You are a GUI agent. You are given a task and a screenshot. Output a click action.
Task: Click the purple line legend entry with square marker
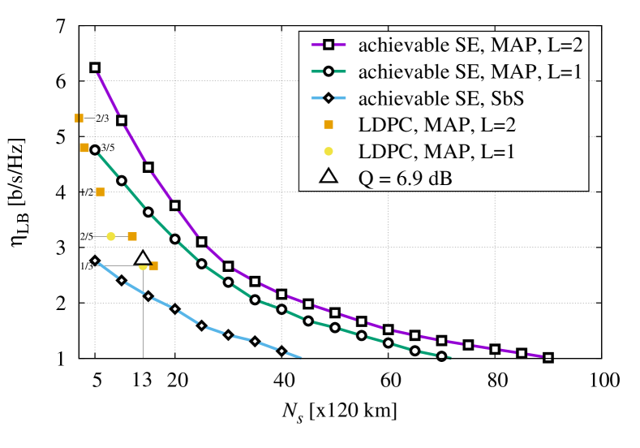pyautogui.click(x=329, y=45)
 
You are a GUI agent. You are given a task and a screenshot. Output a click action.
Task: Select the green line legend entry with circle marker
pyautogui.click(x=329, y=71)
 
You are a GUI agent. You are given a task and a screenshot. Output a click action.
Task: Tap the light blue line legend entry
pyautogui.click(x=329, y=98)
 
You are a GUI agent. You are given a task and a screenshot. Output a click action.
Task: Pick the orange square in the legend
pyautogui.click(x=329, y=125)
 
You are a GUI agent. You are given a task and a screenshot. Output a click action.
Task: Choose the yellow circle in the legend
pyautogui.click(x=329, y=151)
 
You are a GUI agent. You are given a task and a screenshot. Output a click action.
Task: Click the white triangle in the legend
pyautogui.click(x=329, y=176)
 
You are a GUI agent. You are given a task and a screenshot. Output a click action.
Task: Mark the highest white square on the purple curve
pyautogui.click(x=95, y=68)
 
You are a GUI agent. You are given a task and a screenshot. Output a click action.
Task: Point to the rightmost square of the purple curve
pyautogui.click(x=548, y=357)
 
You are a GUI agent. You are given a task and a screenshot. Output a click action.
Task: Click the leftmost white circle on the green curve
pyautogui.click(x=95, y=150)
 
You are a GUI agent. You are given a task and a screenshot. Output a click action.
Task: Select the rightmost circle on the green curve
pyautogui.click(x=442, y=355)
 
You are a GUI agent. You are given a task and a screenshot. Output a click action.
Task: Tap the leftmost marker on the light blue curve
pyautogui.click(x=95, y=261)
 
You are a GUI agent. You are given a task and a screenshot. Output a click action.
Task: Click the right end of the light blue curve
pyautogui.click(x=301, y=358)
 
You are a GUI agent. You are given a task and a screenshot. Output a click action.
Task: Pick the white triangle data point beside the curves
pyautogui.click(x=143, y=258)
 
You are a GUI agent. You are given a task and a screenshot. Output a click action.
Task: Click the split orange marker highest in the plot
pyautogui.click(x=79, y=118)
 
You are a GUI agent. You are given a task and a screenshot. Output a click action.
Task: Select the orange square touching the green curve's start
pyautogui.click(x=84, y=148)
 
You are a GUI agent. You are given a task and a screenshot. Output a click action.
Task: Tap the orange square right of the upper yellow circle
pyautogui.click(x=132, y=237)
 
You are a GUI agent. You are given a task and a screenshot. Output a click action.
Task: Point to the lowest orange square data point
pyautogui.click(x=154, y=265)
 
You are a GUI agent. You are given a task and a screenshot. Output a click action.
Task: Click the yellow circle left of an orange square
pyautogui.click(x=111, y=237)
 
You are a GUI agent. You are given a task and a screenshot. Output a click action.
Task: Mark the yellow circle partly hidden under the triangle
pyautogui.click(x=143, y=267)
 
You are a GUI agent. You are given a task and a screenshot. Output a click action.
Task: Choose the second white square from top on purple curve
pyautogui.click(x=122, y=121)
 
